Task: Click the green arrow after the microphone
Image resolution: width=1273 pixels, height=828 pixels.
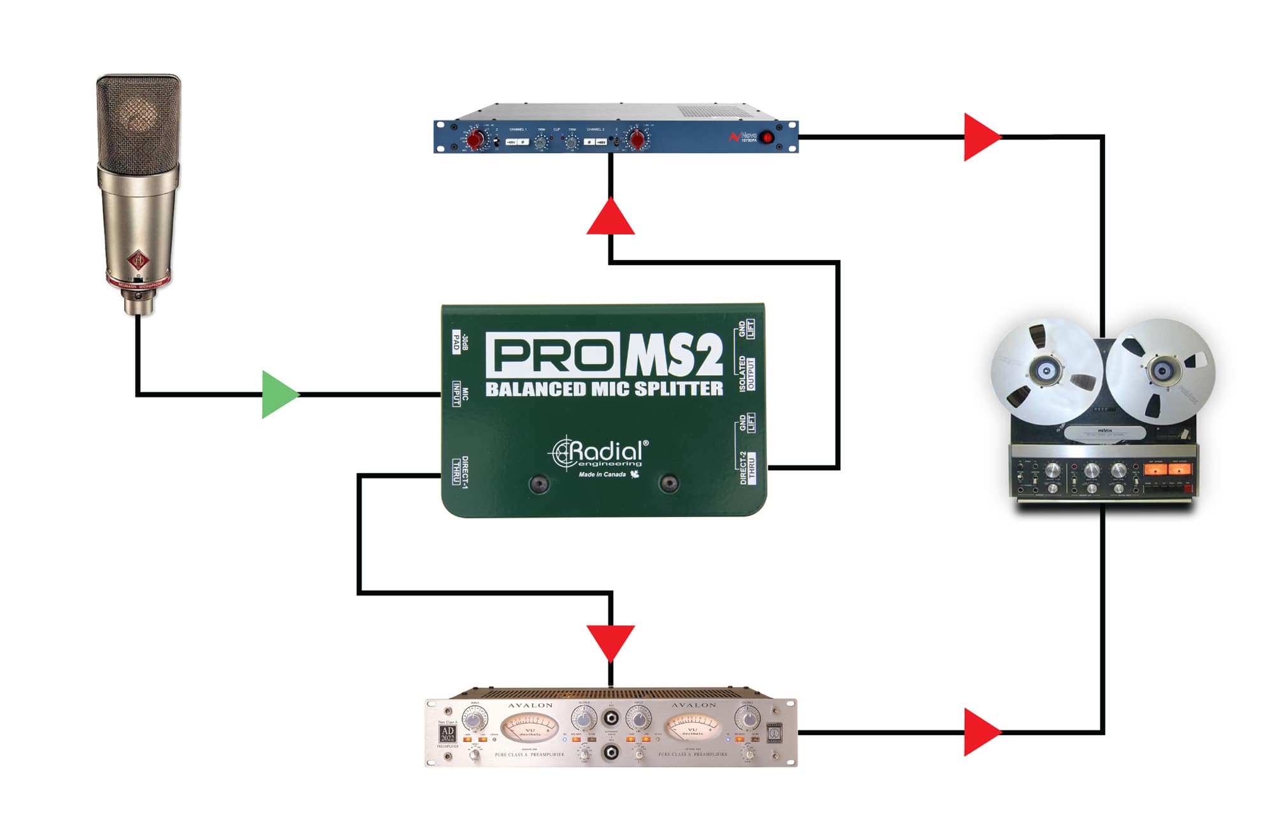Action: (x=279, y=395)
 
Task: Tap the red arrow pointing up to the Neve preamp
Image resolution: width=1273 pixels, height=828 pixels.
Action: (x=610, y=218)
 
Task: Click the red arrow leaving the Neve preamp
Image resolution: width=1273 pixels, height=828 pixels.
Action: (x=981, y=137)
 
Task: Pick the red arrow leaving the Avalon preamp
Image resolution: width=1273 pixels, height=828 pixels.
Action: (x=981, y=732)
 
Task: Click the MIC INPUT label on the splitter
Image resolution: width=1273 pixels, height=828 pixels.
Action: (x=460, y=394)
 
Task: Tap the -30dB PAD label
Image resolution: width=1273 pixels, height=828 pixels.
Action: (x=460, y=343)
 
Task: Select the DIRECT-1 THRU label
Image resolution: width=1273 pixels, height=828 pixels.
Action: (x=460, y=472)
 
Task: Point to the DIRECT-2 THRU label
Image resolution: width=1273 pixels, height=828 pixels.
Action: (x=747, y=468)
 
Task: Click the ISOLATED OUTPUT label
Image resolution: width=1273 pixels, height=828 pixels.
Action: (x=747, y=373)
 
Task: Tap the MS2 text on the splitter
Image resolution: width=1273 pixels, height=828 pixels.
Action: (x=674, y=355)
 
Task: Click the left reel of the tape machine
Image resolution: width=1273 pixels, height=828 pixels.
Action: (x=1046, y=371)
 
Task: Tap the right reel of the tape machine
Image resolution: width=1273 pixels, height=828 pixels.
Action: (x=1161, y=371)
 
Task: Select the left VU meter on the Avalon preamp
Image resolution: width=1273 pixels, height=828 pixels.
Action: (x=530, y=727)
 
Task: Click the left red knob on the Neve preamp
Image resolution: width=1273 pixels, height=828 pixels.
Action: (x=475, y=139)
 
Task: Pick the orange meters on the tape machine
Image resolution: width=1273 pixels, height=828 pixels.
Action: (x=1167, y=469)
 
